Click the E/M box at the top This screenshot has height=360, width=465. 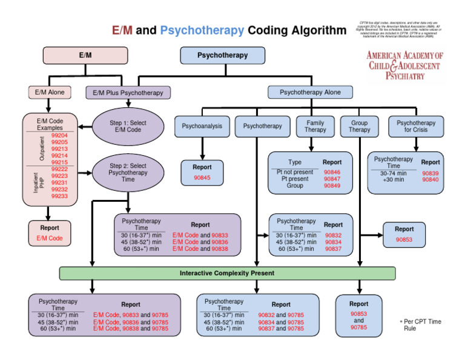click(85, 55)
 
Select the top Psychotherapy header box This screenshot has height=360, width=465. click(222, 55)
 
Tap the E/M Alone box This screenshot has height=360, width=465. click(50, 93)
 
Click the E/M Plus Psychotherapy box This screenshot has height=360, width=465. click(128, 93)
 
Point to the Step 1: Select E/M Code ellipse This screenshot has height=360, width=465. click(128, 127)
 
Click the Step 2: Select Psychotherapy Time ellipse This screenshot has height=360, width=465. click(128, 172)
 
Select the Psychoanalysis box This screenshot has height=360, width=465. click(202, 127)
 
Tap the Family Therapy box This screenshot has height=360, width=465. click(315, 126)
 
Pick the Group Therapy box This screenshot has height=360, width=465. click(359, 126)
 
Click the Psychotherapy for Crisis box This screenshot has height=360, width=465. click(416, 126)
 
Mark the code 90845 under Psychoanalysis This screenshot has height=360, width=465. click(202, 178)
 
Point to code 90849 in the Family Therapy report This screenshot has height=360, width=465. click(332, 186)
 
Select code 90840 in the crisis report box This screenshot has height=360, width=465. click(430, 180)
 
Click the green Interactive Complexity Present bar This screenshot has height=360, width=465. click(227, 273)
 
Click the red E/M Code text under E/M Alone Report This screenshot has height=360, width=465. click(50, 239)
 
